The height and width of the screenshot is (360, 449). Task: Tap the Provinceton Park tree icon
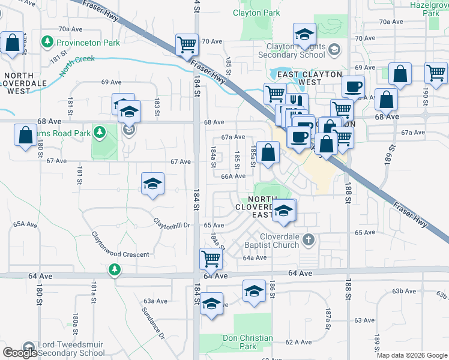[x=47, y=42]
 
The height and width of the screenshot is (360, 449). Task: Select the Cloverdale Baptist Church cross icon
[x=309, y=240]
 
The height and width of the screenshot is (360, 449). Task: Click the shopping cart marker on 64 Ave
[x=211, y=259]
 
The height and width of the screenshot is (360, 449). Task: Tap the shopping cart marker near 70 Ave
[x=187, y=44]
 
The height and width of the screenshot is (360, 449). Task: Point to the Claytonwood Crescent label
[x=120, y=254]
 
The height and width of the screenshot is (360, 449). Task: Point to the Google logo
[x=20, y=353]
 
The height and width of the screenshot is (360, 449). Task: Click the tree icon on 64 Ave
[x=114, y=271]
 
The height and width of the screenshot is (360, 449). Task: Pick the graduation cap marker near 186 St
[x=254, y=292]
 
